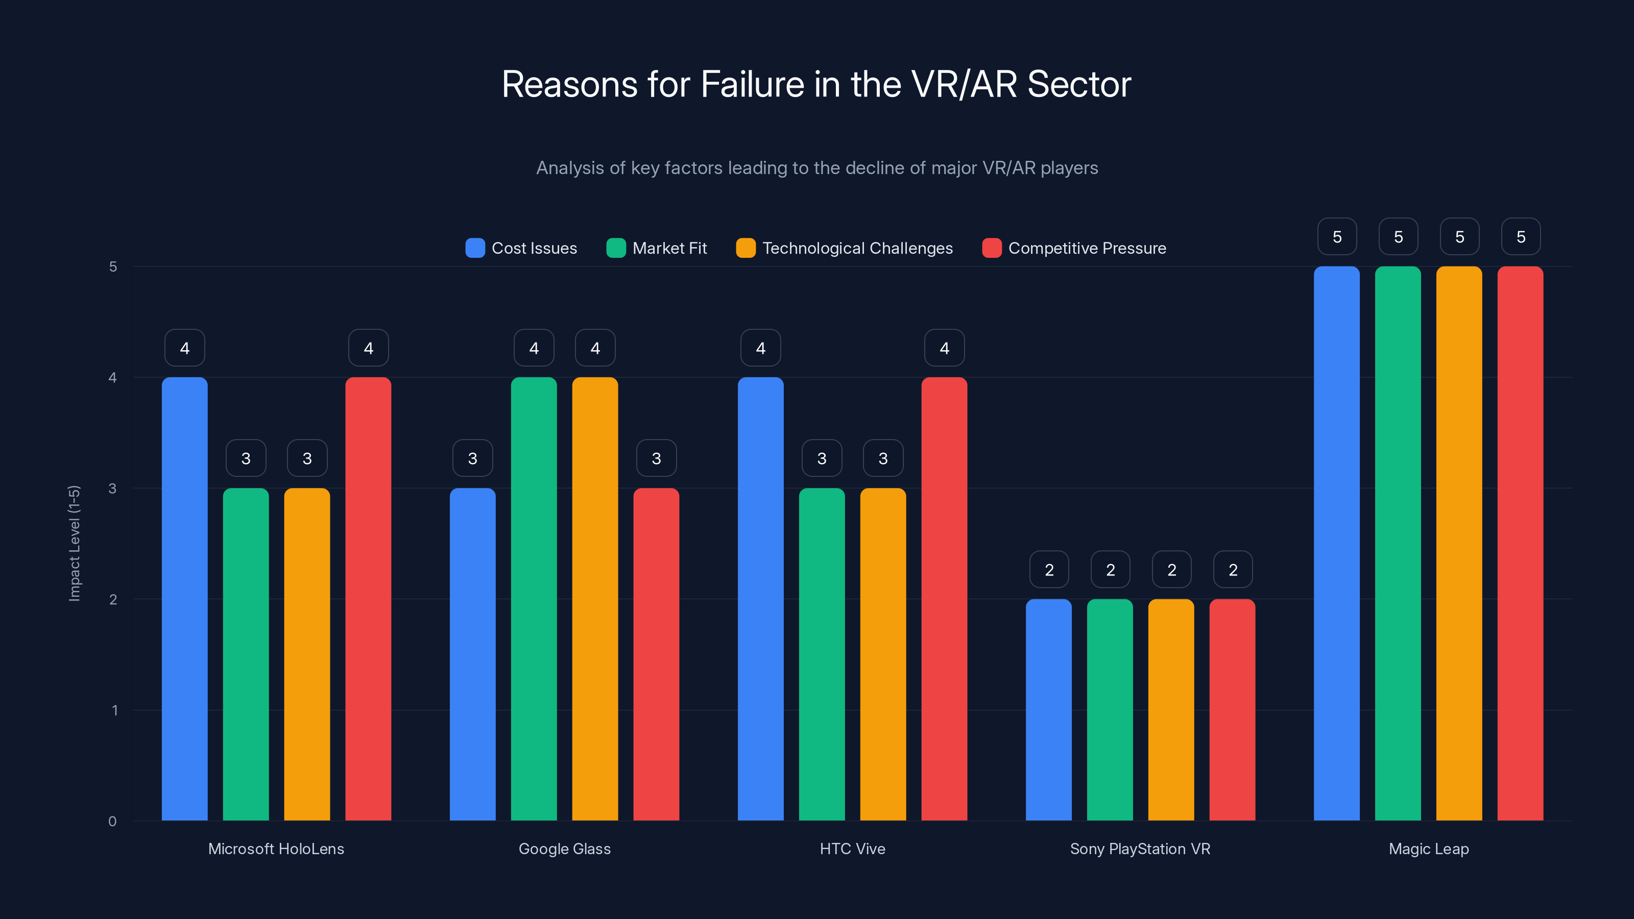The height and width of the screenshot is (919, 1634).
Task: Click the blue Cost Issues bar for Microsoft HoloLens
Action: coord(184,599)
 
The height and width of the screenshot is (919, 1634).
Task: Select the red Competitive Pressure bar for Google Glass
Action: coord(656,654)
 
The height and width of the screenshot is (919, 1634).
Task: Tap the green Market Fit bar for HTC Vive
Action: coord(822,654)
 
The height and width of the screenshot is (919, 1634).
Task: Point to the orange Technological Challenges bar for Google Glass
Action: coord(595,599)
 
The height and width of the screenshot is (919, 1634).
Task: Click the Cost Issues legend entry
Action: coord(521,248)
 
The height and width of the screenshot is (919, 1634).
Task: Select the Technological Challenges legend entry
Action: coord(844,248)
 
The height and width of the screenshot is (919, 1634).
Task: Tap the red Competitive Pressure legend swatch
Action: coord(992,248)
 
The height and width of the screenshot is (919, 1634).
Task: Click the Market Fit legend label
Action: coord(669,248)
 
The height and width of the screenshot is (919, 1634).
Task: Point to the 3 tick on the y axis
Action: coord(113,489)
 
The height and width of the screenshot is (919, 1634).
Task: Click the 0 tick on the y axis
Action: coord(113,821)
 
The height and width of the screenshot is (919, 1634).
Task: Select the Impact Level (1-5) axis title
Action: coord(74,543)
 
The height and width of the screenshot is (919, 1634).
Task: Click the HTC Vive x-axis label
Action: coord(852,849)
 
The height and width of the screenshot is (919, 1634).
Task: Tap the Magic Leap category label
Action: coord(1429,849)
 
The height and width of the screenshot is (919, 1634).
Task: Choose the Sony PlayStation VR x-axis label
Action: coord(1140,849)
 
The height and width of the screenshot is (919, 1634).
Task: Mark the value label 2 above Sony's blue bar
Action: coord(1048,570)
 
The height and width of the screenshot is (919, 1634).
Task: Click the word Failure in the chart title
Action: coord(752,84)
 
